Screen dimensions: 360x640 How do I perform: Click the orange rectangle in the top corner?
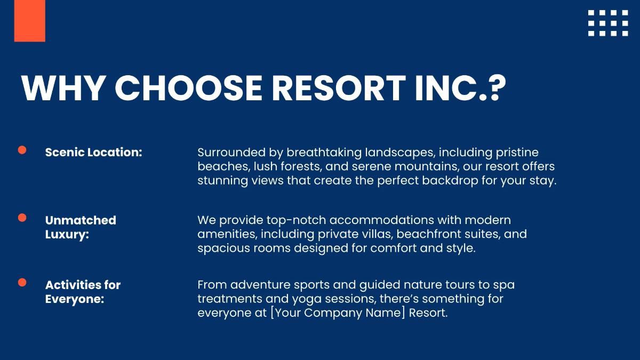(29, 21)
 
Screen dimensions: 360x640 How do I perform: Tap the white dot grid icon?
(608, 23)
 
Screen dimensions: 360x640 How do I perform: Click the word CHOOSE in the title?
(189, 87)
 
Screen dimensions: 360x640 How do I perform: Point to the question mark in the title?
(495, 87)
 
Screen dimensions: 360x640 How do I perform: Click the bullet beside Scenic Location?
(22, 150)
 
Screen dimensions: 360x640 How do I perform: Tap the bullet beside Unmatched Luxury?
(22, 218)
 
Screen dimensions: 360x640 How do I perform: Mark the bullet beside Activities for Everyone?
(22, 282)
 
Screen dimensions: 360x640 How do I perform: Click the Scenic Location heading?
(94, 152)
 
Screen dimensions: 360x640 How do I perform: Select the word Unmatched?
(81, 220)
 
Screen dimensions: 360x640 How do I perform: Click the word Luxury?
(67, 234)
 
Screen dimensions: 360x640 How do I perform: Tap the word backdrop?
(459, 180)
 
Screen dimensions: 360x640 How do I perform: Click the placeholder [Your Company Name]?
(338, 313)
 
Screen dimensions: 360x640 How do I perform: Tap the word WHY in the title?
(63, 87)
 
